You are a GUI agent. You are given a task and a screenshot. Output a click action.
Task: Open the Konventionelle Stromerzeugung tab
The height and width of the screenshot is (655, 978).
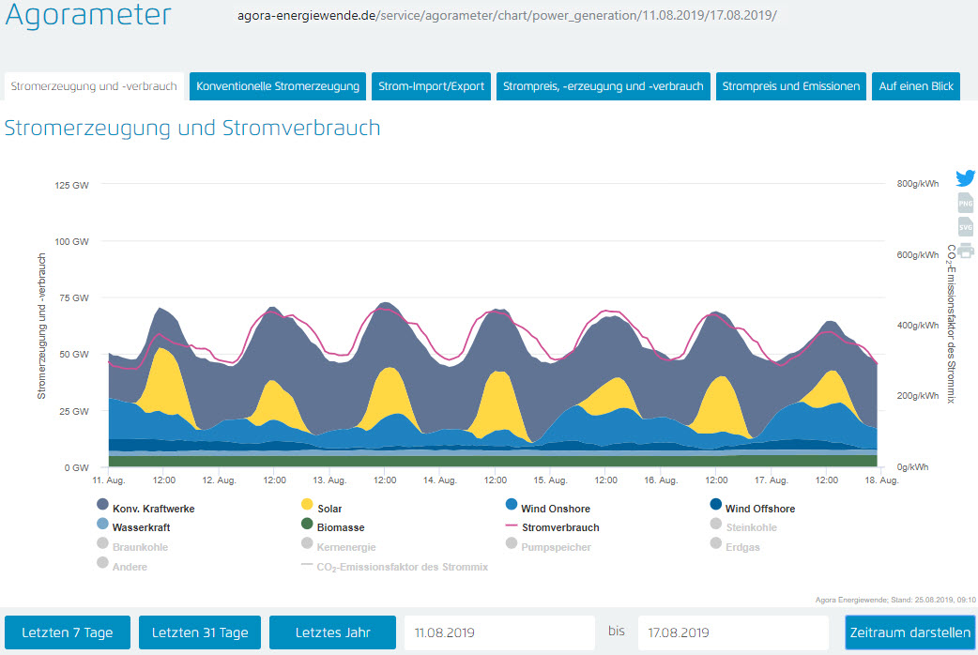tap(278, 86)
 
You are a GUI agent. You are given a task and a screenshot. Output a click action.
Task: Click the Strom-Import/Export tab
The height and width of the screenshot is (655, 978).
tap(431, 86)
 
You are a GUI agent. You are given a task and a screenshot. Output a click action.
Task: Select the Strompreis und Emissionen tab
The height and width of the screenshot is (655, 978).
tap(790, 86)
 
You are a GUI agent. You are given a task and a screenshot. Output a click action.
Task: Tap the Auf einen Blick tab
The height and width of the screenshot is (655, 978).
tap(915, 86)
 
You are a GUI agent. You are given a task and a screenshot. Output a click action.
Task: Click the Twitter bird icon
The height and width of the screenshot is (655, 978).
tap(966, 178)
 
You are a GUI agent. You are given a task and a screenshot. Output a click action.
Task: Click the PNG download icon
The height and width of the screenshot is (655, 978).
tap(966, 204)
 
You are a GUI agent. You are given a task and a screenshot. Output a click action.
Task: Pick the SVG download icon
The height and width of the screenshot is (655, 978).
tap(966, 227)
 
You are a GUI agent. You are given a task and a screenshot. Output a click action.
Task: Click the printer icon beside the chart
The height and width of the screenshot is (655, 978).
tap(966, 250)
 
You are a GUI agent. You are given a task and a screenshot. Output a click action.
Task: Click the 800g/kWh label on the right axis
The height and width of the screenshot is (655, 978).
tap(918, 184)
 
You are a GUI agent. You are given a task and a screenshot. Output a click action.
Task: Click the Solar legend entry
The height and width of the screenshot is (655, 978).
tap(329, 509)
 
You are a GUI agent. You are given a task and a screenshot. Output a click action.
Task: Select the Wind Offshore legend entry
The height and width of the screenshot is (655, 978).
tap(759, 509)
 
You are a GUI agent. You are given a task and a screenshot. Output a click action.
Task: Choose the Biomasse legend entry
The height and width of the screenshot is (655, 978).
tap(340, 527)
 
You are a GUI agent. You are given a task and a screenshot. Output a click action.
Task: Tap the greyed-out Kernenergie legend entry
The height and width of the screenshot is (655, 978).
tap(345, 546)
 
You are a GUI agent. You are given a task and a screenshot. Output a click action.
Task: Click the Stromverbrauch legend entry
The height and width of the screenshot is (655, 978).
tap(559, 527)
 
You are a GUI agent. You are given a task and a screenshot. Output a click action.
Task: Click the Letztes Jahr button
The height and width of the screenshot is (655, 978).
tap(332, 632)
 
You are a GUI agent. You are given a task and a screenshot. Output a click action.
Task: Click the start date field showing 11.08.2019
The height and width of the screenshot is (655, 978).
tap(499, 632)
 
